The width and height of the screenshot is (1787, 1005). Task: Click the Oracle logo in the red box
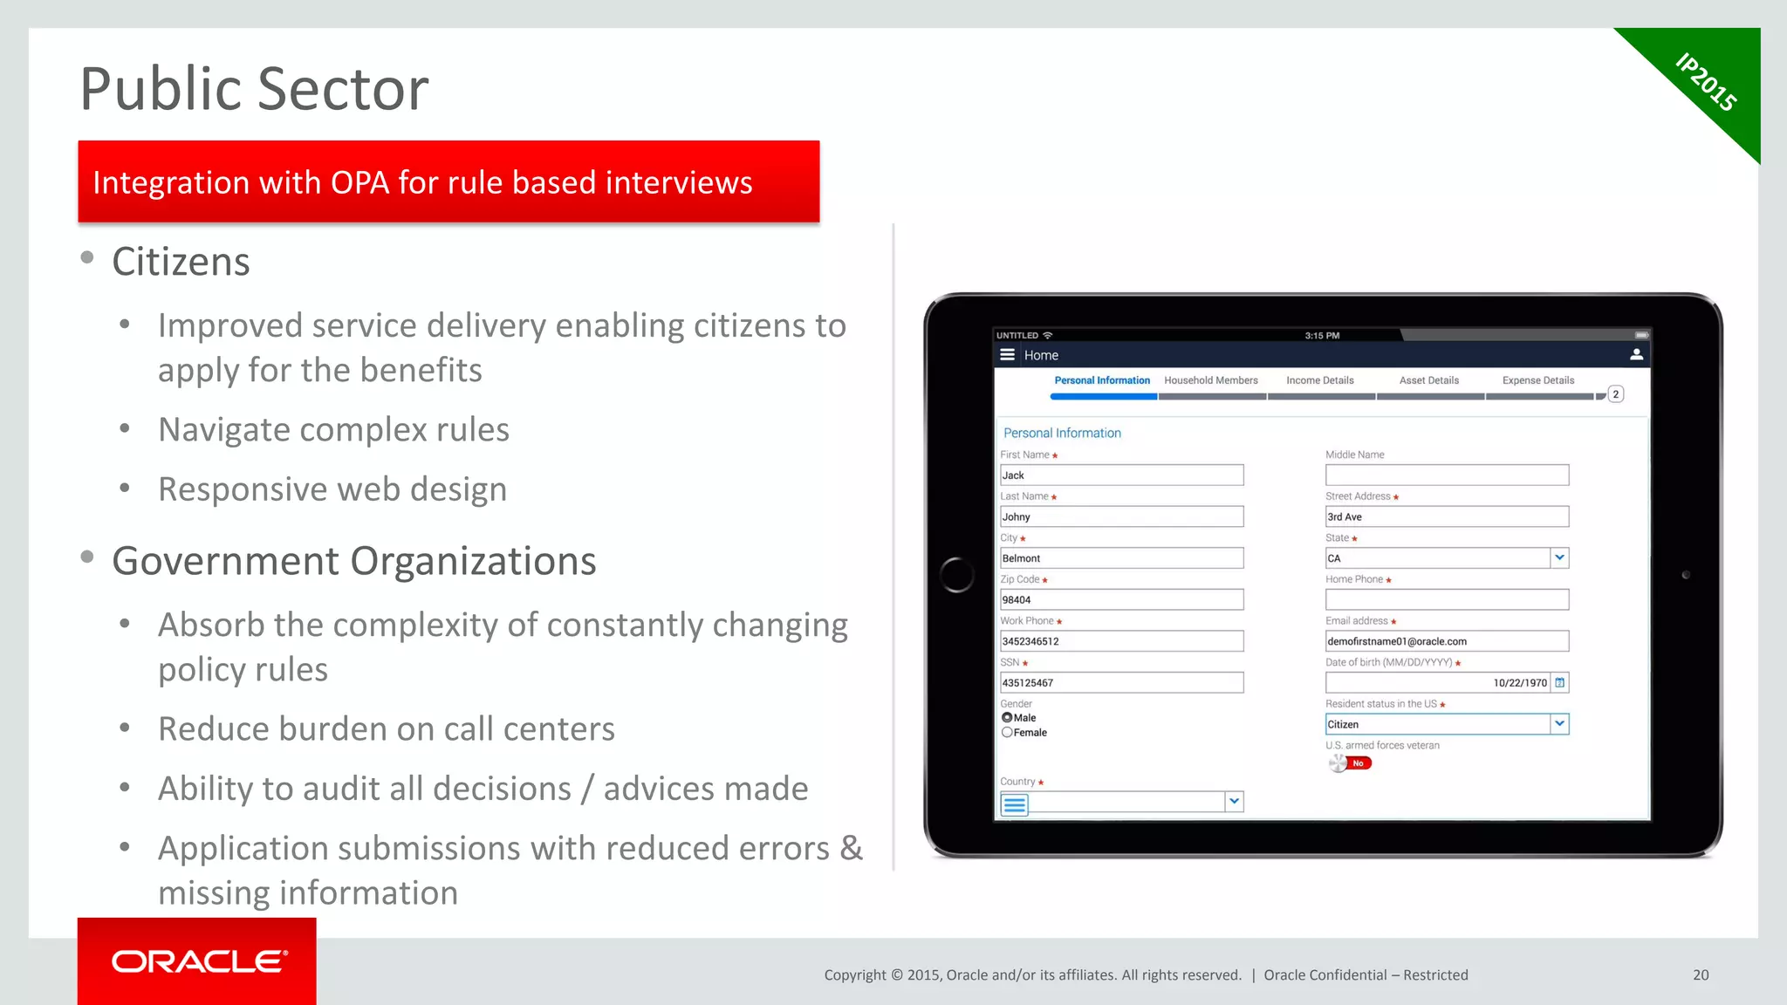(199, 961)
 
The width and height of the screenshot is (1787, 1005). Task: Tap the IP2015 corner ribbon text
(1706, 82)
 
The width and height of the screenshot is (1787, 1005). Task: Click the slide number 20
(1701, 975)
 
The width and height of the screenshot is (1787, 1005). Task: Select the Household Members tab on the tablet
(1210, 380)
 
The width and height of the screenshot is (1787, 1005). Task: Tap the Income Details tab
(1319, 380)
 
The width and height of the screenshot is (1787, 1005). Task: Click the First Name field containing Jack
(1121, 475)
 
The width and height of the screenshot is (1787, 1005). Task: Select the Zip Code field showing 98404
(1121, 600)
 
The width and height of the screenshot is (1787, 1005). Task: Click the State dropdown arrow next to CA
(1559, 558)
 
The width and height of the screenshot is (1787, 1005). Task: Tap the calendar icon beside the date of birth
(1560, 683)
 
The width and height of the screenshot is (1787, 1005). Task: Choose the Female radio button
(1007, 733)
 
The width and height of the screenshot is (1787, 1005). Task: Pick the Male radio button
(1007, 718)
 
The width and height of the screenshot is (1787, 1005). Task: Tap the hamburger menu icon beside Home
(1007, 355)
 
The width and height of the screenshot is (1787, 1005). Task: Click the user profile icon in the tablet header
(1636, 355)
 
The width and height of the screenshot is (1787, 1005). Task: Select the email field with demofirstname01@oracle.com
(1447, 641)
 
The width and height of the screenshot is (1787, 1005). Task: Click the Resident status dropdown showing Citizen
(1447, 724)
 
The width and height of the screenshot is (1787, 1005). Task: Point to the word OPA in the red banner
(359, 183)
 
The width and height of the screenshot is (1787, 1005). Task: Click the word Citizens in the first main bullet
(181, 262)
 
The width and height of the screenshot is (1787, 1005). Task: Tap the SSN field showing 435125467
(1121, 683)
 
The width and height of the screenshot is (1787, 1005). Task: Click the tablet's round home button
(957, 575)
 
